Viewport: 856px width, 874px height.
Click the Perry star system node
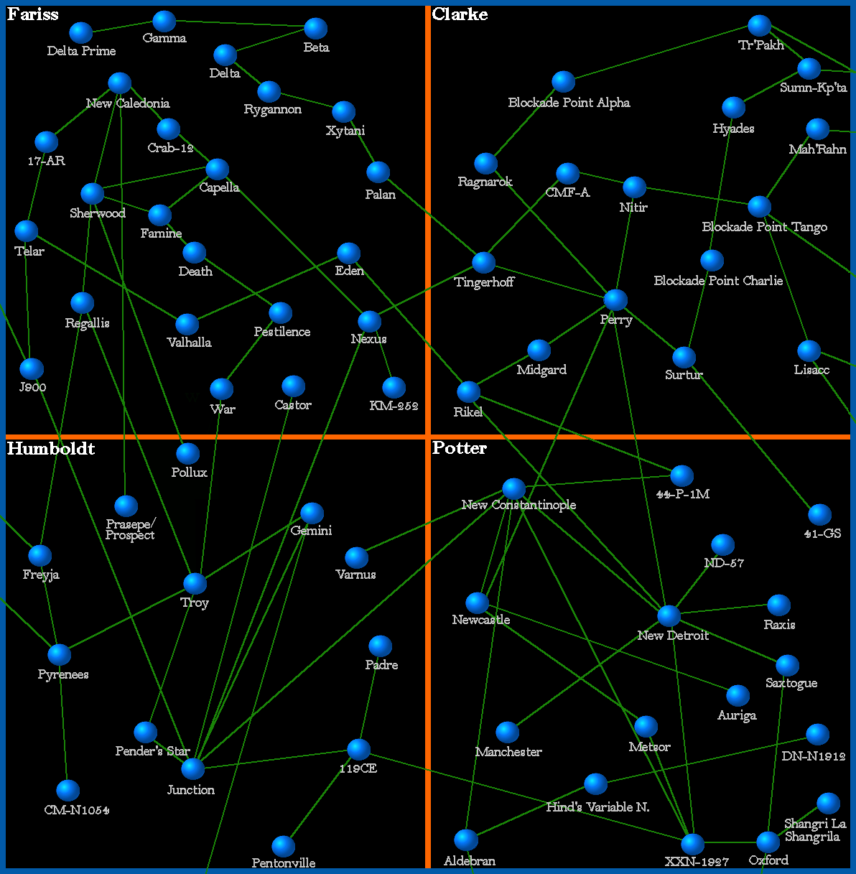[x=615, y=299]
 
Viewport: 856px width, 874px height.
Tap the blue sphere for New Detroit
[x=669, y=615]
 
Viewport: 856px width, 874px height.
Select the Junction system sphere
[x=192, y=768]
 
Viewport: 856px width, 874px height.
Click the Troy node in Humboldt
[x=195, y=583]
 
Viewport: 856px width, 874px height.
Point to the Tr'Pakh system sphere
[x=759, y=25]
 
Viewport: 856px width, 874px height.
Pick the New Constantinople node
[x=513, y=488]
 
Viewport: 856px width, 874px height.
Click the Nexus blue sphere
[x=369, y=320]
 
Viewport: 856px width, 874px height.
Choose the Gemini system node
[x=312, y=513]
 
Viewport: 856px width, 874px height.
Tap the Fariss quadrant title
[x=33, y=14]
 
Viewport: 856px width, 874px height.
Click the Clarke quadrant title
[x=460, y=14]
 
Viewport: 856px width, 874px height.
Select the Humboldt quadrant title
[x=51, y=449]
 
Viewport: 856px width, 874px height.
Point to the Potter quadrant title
[x=460, y=448]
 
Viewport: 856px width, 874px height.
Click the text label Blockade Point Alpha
[x=569, y=103]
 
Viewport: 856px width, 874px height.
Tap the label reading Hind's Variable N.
[x=597, y=807]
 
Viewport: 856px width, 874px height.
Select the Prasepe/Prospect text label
[x=130, y=529]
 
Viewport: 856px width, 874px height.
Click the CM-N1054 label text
[x=77, y=810]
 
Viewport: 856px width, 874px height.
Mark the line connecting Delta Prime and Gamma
[x=122, y=27]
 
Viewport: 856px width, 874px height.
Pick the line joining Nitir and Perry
[x=625, y=244]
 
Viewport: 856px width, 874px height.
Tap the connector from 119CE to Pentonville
[x=321, y=798]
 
